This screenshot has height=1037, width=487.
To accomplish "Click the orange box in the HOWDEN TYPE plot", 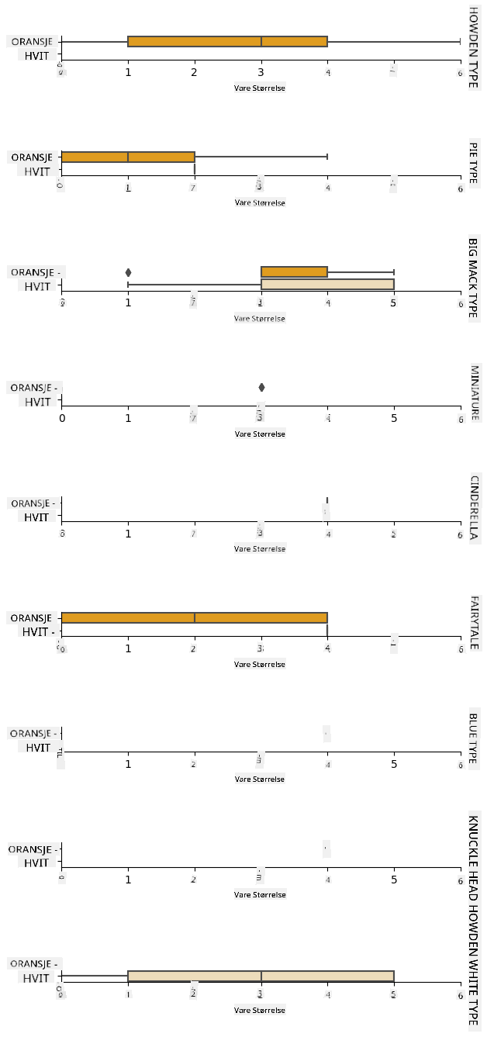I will (227, 41).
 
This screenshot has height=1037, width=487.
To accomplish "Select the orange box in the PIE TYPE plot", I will (127, 157).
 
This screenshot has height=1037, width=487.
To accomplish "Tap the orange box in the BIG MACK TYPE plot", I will (294, 271).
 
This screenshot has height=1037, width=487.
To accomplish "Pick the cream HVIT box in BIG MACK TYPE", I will (327, 285).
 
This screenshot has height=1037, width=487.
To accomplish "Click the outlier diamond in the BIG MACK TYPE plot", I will (128, 272).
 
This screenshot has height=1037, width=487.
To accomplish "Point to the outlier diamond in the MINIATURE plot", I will (261, 387).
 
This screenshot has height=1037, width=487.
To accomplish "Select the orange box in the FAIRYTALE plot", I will (194, 617).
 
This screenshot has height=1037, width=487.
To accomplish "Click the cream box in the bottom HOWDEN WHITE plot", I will (261, 977).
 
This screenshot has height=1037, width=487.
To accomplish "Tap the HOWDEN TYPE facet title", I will (473, 47).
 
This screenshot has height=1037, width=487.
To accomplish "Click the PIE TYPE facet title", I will (473, 163).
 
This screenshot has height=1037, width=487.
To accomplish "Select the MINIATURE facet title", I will (473, 392).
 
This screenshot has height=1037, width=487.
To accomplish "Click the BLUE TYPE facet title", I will (473, 738).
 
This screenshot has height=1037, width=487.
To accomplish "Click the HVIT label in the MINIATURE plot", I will (36, 402).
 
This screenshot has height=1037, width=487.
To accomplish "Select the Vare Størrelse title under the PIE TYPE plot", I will (260, 203).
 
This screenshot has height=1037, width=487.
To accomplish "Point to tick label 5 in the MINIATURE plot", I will (394, 419).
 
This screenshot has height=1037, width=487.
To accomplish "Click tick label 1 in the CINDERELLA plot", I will (129, 534).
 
